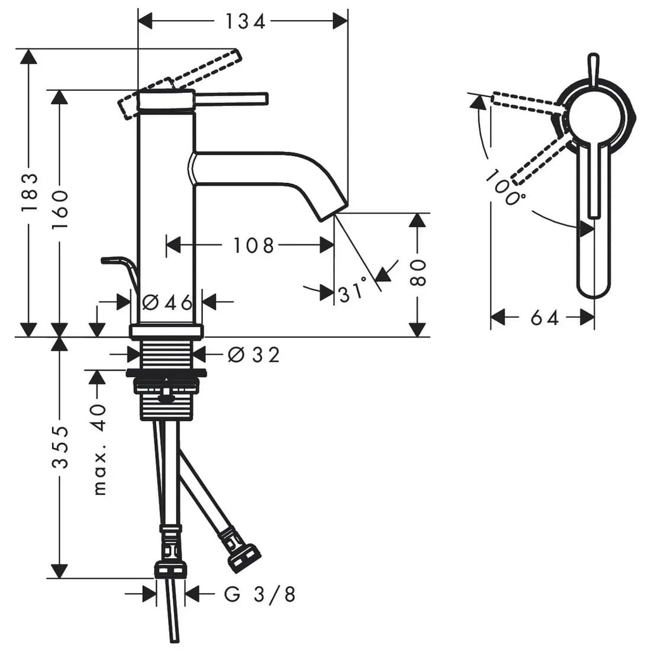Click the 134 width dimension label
[245, 21]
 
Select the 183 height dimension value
[30, 192]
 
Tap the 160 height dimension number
[60, 210]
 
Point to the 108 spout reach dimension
[253, 246]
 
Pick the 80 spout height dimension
[418, 273]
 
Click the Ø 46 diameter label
[167, 302]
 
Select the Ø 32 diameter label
[254, 354]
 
